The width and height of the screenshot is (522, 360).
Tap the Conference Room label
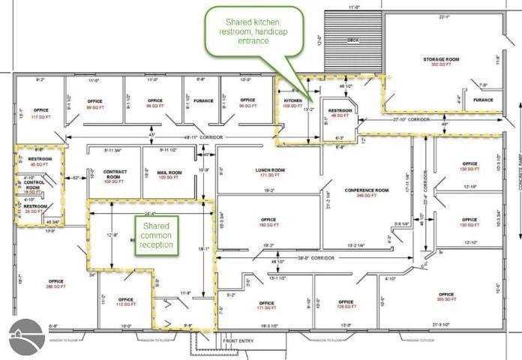[366, 193]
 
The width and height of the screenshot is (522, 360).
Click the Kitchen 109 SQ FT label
[292, 103]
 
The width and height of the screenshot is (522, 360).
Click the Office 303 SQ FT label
[445, 296]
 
